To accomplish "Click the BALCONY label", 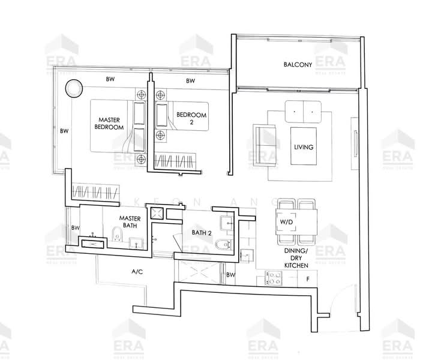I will (298, 65).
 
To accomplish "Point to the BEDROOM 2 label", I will (191, 118).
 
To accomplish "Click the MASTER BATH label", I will (130, 222).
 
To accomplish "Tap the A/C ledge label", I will (137, 272).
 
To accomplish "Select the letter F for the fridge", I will (308, 279).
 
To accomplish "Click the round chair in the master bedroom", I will (73, 88).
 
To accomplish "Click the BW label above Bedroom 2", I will (190, 80).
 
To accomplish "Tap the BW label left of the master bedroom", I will (64, 131).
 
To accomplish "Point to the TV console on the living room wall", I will (355, 145).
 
